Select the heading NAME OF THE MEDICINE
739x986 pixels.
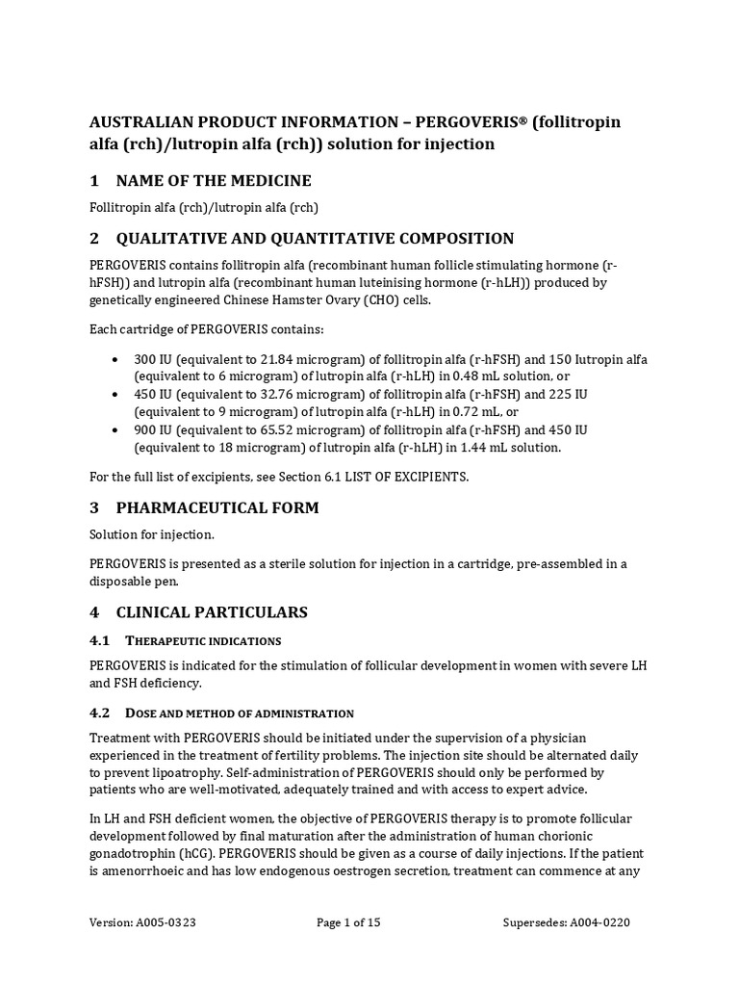[x=213, y=181]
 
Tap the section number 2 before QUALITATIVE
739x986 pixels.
[x=94, y=238]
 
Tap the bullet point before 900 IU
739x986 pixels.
[x=115, y=429]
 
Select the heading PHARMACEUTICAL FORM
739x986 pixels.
[x=217, y=507]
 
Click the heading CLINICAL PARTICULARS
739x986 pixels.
[x=212, y=611]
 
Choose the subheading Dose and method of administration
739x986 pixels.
[x=240, y=714]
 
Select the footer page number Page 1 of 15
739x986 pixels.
[x=348, y=922]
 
